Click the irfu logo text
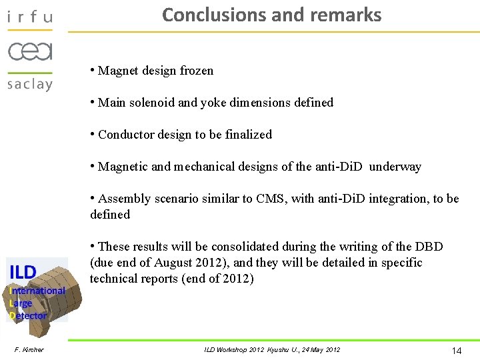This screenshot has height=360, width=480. pos(29,17)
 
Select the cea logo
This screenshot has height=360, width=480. pos(30,51)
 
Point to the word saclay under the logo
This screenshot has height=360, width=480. pos(29,84)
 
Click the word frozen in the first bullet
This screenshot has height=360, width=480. pos(197,71)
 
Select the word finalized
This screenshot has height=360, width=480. pos(249,135)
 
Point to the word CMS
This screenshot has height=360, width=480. pos(269,199)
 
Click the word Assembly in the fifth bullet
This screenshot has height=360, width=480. pos(123,199)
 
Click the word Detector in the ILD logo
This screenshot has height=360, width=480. pos(29,315)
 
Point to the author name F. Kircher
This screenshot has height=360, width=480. pos(29,350)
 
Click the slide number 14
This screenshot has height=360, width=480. pos(457,351)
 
